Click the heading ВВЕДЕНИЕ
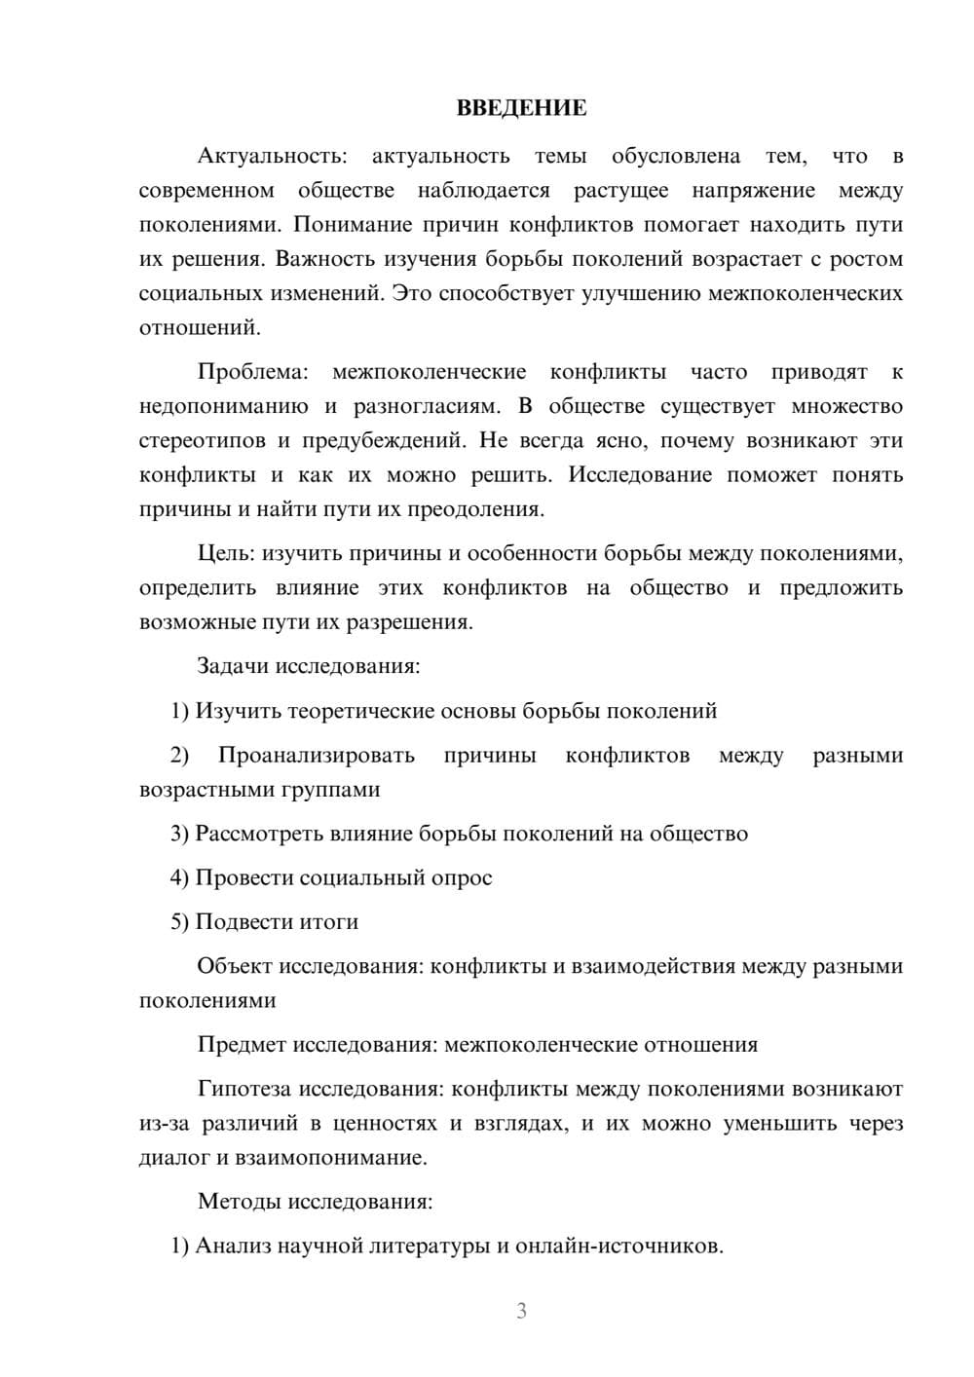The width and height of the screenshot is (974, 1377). click(521, 108)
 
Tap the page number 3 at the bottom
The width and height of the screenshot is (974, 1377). click(521, 1311)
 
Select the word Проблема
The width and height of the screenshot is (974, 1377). click(251, 372)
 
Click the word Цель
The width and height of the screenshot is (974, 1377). click(225, 554)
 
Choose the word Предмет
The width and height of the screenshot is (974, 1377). click(240, 1045)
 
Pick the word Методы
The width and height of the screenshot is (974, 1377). click(239, 1202)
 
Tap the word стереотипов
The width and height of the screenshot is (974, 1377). click(201, 441)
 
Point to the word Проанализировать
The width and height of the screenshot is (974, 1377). click(317, 756)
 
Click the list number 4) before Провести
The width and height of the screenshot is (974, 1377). click(179, 878)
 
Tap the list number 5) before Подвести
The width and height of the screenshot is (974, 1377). click(179, 922)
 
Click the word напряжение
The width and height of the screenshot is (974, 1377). click(753, 191)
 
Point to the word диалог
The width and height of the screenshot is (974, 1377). click(174, 1158)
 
